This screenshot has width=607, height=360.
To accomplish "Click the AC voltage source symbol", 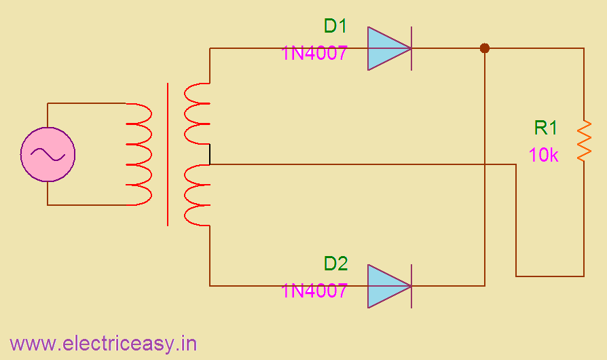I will coord(48,154).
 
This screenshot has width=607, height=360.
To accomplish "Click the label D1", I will coord(335,26).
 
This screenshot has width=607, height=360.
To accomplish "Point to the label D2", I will coord(335,264).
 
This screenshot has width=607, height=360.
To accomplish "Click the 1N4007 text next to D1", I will coord(314,53).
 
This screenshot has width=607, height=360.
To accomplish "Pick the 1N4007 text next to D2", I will coord(314,291).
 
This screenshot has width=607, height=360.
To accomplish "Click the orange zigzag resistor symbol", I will coord(583,141).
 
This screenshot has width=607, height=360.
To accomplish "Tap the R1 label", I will coord(546,128).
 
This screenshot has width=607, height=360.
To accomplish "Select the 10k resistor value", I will coord(543,156).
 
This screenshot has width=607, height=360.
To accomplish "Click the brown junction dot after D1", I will coord(485,48).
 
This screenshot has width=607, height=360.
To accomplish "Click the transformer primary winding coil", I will coord(139,154).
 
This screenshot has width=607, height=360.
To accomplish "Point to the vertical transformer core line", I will coord(168,154).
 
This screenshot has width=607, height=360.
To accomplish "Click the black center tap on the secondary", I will coord(210,155).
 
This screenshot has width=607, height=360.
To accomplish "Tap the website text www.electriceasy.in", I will coord(103,344).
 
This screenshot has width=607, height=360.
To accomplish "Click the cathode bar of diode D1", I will coord(411,49).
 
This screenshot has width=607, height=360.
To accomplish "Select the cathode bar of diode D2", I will coord(411,286).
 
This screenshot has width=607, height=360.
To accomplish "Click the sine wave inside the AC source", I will coord(48,155).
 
